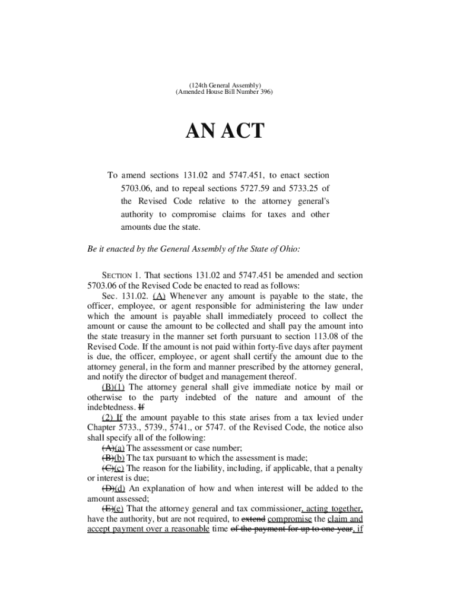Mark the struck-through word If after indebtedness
click(x=141, y=408)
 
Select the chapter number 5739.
click(x=166, y=428)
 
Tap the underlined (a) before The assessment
click(x=119, y=448)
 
